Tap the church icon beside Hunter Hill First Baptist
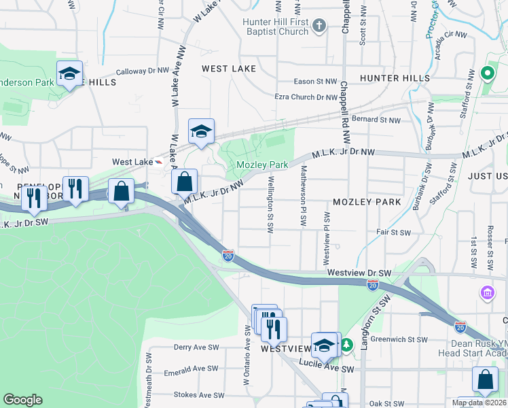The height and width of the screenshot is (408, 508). click(320, 26)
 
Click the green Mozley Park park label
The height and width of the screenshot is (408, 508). click(262, 165)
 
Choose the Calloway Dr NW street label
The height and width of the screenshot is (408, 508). click(143, 71)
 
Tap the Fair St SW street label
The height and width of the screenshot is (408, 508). click(394, 233)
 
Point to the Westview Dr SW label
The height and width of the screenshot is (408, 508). click(359, 272)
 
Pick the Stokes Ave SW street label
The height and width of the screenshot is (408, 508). click(199, 394)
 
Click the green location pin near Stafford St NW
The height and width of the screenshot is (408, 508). click(486, 73)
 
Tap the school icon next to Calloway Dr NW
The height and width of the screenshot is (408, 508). click(69, 74)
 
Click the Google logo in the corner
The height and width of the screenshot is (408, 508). click(22, 400)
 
